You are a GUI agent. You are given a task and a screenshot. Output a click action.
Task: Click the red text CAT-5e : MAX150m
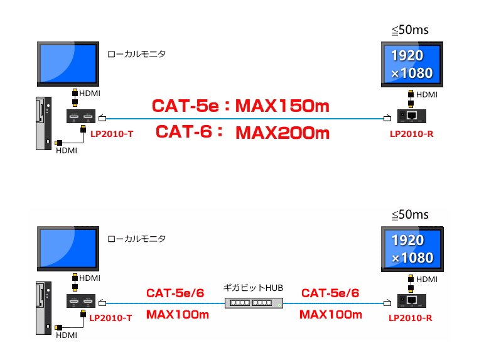(240, 106)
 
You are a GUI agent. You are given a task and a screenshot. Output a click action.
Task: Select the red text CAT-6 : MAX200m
(242, 133)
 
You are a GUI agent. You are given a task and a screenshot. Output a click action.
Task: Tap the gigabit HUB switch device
(254, 303)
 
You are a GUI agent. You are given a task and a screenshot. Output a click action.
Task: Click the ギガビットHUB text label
(253, 288)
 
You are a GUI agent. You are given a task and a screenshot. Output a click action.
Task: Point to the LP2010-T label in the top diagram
(112, 134)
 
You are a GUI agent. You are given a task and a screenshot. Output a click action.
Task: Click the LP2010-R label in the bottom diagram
(411, 318)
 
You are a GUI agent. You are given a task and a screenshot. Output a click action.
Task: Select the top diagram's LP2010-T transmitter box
(81, 116)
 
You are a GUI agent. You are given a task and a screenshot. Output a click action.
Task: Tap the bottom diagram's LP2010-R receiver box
(411, 301)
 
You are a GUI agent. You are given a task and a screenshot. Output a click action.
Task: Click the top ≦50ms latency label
(410, 30)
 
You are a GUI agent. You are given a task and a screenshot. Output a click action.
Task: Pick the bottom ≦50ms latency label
(410, 214)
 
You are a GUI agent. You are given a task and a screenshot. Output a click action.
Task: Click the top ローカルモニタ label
(137, 54)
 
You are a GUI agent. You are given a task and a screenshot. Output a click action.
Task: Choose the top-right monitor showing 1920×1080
(412, 64)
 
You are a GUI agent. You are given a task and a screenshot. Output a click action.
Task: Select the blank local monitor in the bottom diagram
(68, 249)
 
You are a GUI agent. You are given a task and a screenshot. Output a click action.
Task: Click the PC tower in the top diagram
(43, 124)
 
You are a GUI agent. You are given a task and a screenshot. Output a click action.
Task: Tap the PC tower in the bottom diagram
(43, 308)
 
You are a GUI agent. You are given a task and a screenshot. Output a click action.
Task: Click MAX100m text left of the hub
(178, 315)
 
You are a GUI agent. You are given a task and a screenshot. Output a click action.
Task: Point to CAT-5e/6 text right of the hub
(330, 293)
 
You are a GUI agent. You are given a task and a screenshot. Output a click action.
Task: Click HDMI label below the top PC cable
(67, 151)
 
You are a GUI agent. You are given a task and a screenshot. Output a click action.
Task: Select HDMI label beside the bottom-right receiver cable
(427, 280)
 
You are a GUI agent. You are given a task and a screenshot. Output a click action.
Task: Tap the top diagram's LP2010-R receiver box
(411, 116)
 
